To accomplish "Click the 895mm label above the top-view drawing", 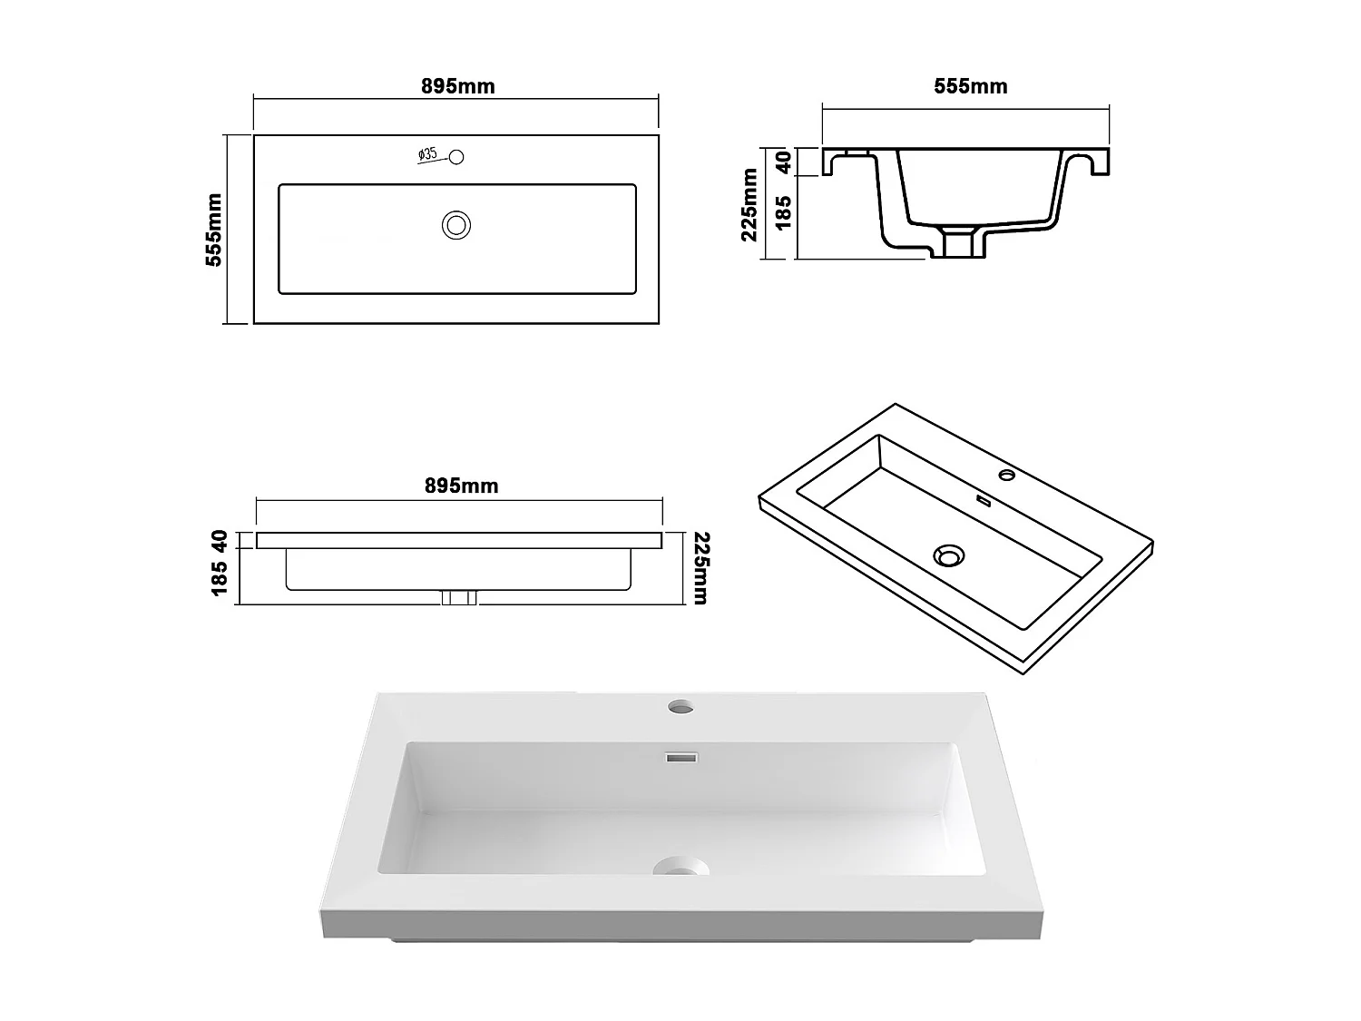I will click(x=457, y=86).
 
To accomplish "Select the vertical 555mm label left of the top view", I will click(x=214, y=230).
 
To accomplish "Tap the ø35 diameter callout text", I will click(x=428, y=154).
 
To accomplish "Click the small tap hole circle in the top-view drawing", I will click(x=456, y=157).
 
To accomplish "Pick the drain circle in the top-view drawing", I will click(x=455, y=224).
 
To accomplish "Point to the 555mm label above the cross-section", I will click(x=970, y=86).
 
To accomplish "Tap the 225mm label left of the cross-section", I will click(x=749, y=204).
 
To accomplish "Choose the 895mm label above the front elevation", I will click(x=461, y=486).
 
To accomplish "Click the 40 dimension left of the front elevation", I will click(x=219, y=540).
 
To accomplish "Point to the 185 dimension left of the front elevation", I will click(x=219, y=579).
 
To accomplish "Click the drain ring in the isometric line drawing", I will click(x=949, y=555).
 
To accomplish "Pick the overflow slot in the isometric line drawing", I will click(x=983, y=500).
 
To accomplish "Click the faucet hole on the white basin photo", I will click(x=680, y=705).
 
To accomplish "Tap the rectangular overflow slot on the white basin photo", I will click(x=680, y=757).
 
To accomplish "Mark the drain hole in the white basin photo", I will click(x=679, y=868).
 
